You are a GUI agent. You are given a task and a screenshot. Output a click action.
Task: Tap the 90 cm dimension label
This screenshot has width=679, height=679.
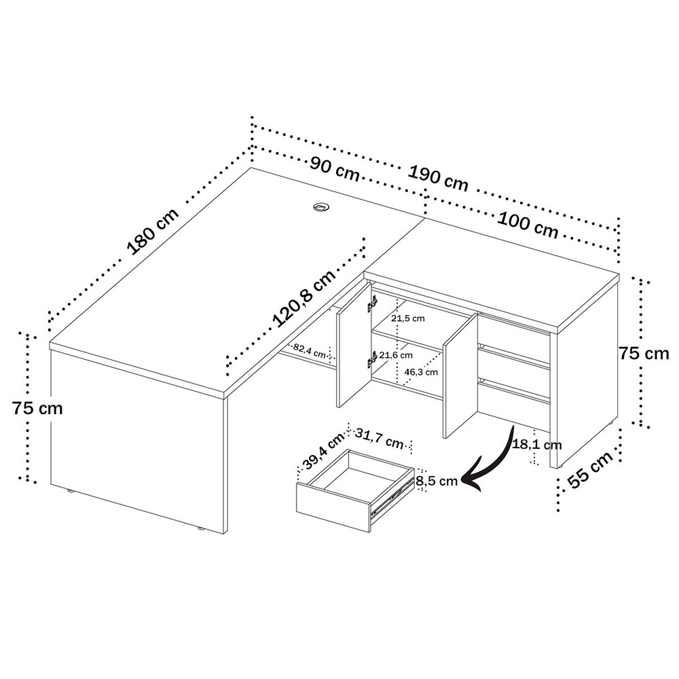335,169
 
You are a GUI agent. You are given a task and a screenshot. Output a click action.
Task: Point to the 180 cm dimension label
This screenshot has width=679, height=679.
152,232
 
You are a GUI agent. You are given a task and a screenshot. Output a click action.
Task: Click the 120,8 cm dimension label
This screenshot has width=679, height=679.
304,298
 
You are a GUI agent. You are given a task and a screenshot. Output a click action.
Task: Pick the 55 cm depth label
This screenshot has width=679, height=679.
591,469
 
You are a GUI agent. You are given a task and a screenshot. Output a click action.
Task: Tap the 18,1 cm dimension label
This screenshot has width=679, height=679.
537,445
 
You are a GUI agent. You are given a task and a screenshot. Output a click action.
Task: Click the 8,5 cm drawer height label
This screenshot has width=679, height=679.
437,481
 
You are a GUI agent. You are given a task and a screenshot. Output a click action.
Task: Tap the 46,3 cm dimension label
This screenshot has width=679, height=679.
421,371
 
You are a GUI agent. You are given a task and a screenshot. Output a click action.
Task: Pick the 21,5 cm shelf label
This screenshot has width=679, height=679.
408,318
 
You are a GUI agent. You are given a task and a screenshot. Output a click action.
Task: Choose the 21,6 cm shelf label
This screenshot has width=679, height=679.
396,355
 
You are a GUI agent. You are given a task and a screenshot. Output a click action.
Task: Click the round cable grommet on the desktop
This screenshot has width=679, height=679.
321,206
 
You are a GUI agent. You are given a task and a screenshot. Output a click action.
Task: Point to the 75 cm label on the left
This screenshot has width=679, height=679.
37,408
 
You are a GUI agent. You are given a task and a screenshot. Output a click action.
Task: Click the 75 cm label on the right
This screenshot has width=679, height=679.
644,353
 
